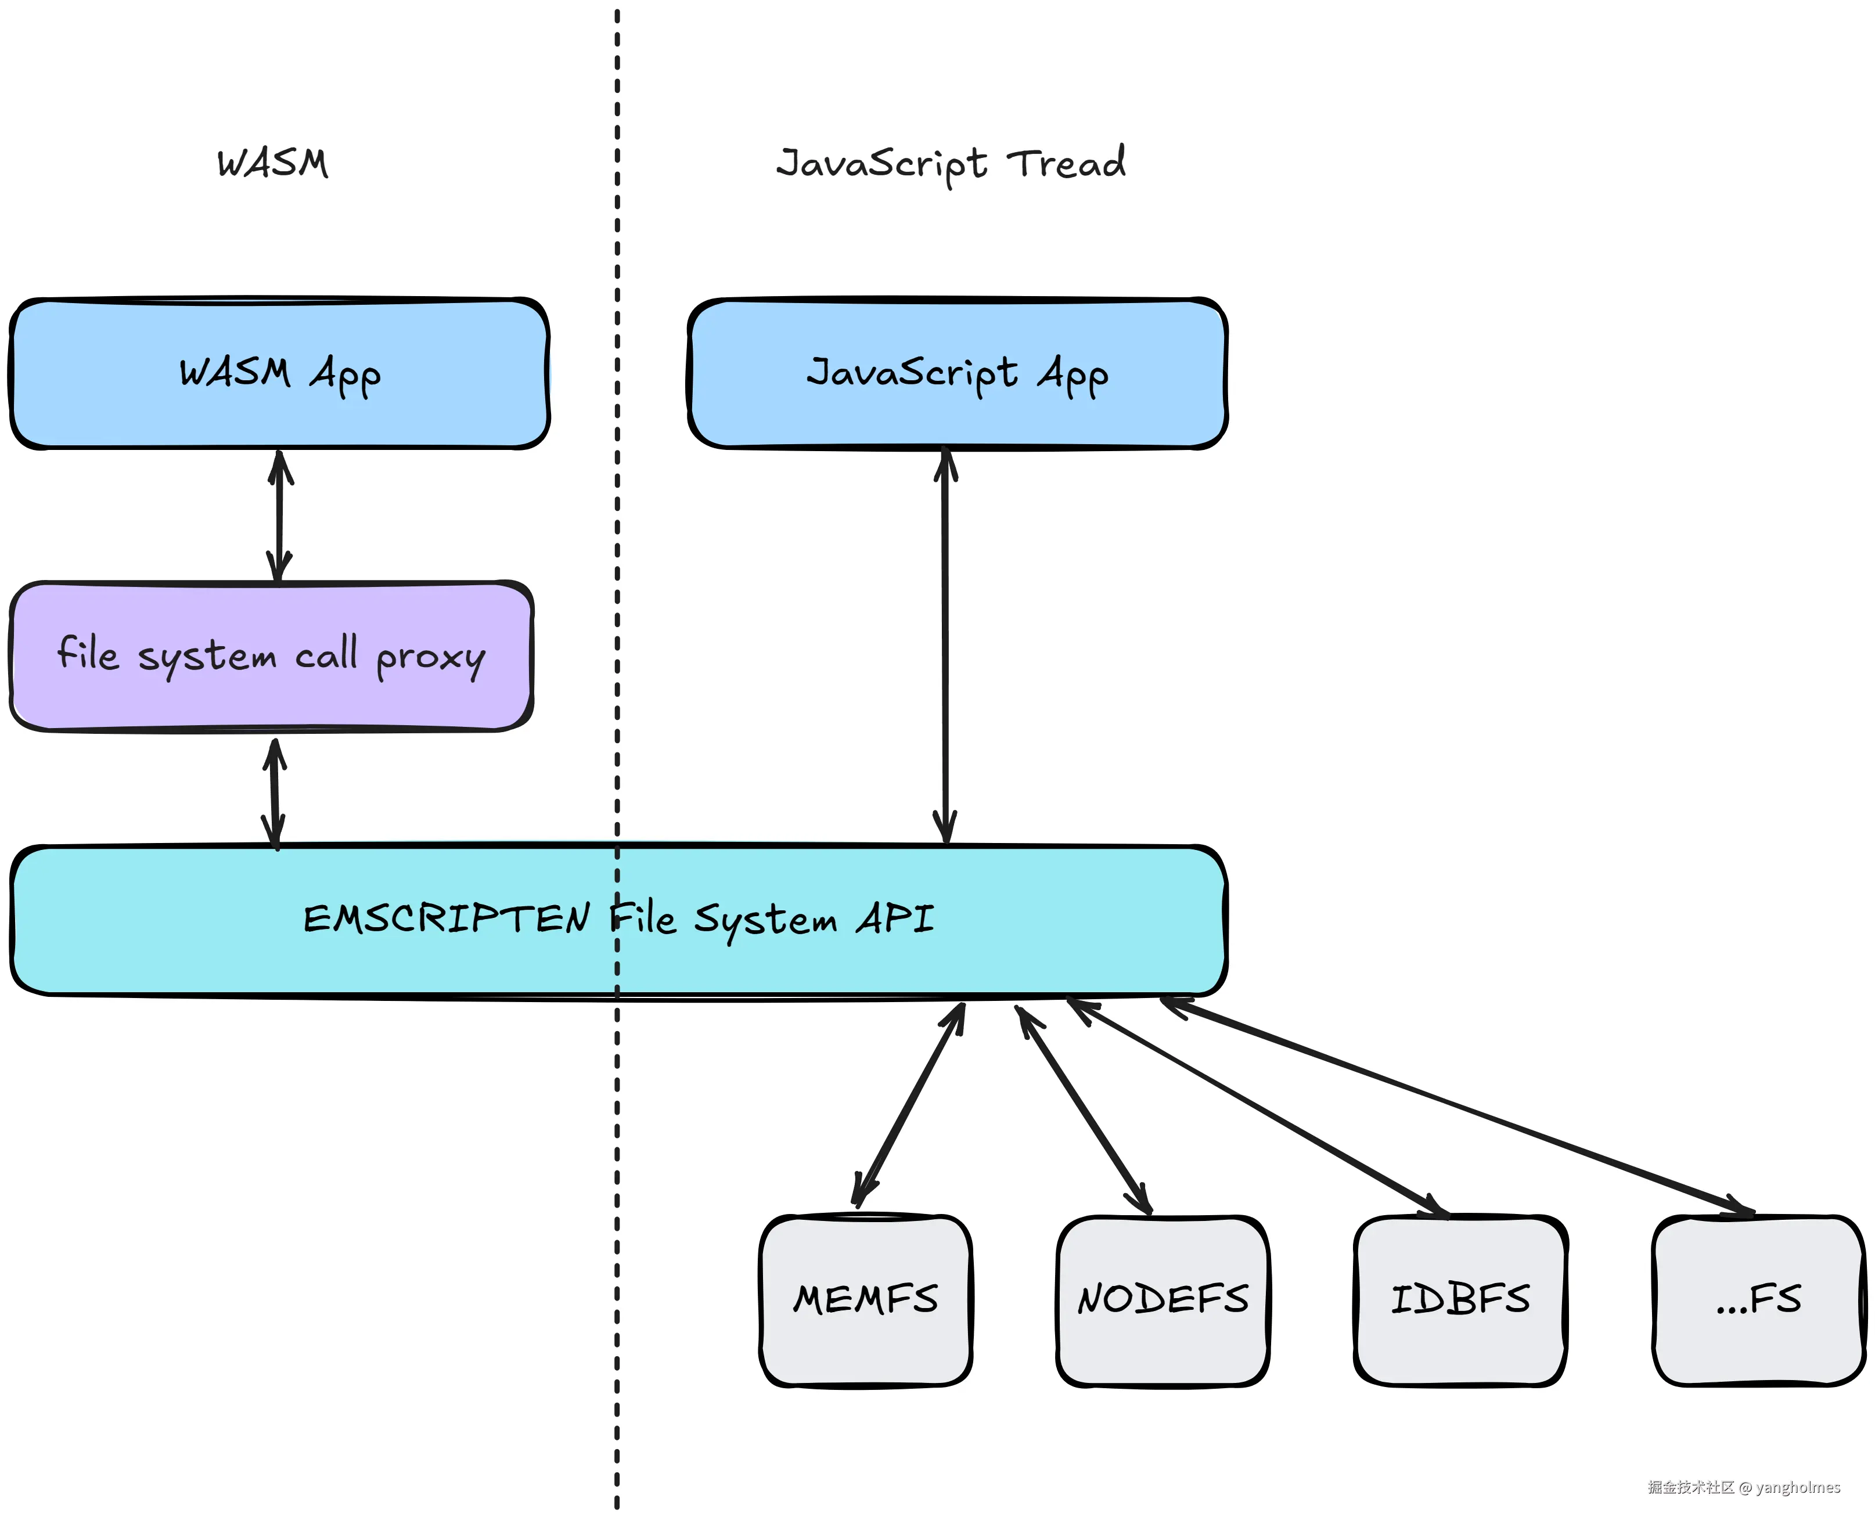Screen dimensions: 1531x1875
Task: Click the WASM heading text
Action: point(272,163)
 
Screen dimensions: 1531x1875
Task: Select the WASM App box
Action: point(279,374)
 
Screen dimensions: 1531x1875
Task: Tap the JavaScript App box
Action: point(957,374)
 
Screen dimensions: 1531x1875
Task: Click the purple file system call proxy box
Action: point(271,656)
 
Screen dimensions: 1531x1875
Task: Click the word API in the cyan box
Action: point(895,919)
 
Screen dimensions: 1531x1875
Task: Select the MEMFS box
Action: point(865,1300)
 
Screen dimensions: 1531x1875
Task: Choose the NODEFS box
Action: point(1163,1300)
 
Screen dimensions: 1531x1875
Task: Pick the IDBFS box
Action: point(1460,1300)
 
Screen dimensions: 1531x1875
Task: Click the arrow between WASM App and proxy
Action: point(279,516)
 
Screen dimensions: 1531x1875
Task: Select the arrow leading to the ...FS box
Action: point(1455,1106)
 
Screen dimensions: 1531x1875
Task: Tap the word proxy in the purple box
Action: point(430,658)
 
